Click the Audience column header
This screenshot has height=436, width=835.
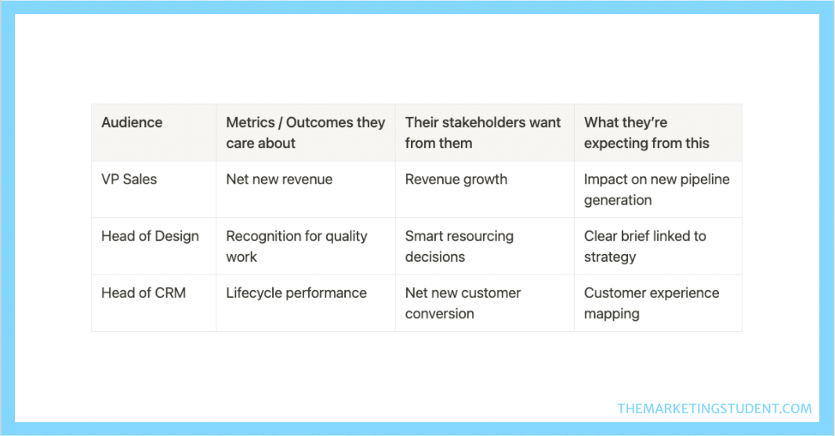point(132,122)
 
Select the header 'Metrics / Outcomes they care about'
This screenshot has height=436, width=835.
point(305,133)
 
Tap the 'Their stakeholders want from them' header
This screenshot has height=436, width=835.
point(482,133)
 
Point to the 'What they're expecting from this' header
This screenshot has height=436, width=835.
point(647,133)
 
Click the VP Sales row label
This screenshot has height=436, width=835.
point(129,180)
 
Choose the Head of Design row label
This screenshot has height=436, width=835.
point(150,236)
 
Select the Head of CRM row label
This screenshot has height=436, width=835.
point(143,292)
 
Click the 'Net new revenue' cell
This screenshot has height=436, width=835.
point(279,180)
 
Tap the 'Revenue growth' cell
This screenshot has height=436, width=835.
point(456,180)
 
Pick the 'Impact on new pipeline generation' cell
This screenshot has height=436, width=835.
point(656,190)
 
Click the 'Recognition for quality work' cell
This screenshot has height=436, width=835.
point(296,246)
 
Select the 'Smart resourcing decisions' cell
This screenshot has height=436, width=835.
point(459,246)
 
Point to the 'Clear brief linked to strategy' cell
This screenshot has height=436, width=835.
point(645,246)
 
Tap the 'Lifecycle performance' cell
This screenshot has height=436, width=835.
point(296,292)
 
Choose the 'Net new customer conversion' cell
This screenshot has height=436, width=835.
point(463,303)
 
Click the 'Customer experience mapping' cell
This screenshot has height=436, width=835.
point(652,303)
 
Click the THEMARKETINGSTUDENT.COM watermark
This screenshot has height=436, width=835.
point(714,409)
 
